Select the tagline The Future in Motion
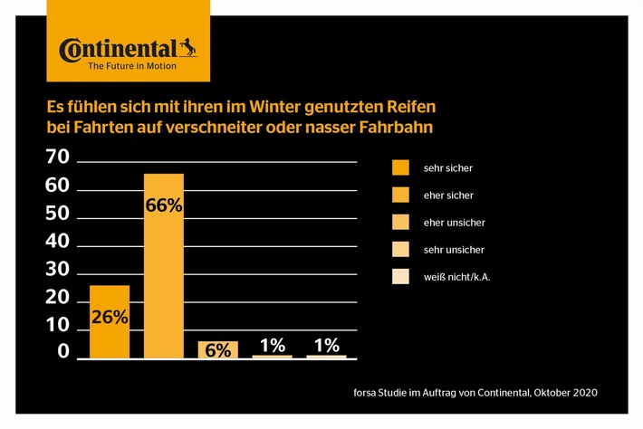coord(119,66)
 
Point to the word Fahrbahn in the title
coord(395,128)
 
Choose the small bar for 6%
coord(218,349)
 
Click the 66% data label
coord(164,205)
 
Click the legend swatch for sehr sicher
coord(400,167)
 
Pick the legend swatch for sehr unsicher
coord(400,249)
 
